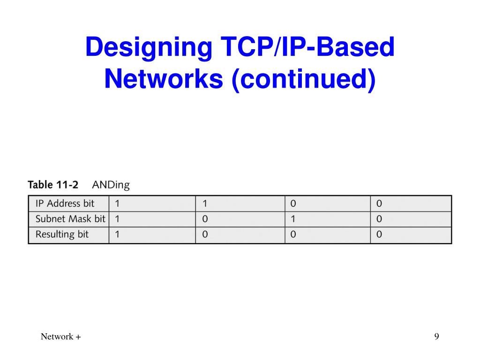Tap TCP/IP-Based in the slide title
tap(304, 48)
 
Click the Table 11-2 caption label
tap(53, 185)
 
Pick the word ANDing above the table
tap(111, 185)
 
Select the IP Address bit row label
tap(65, 204)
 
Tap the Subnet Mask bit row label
tap(70, 219)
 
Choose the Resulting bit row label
tap(62, 234)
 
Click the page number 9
tap(436, 337)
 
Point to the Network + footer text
tap(60, 337)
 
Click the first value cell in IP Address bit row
tap(117, 204)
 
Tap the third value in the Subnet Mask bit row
tap(293, 219)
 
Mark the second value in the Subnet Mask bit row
tap(205, 219)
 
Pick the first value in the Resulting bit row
tap(117, 234)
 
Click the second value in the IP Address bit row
tap(205, 204)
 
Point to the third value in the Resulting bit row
tap(293, 234)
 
